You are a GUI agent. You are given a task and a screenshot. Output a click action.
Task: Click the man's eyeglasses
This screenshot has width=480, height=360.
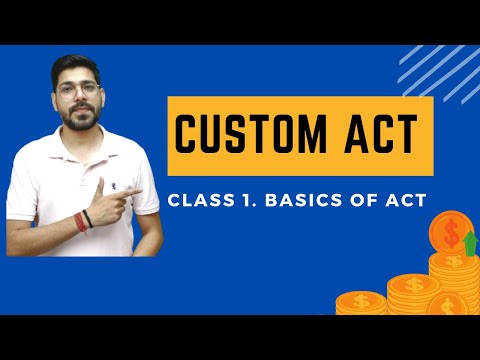78,90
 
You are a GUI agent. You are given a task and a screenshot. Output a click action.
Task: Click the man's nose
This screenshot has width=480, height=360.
79,99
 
